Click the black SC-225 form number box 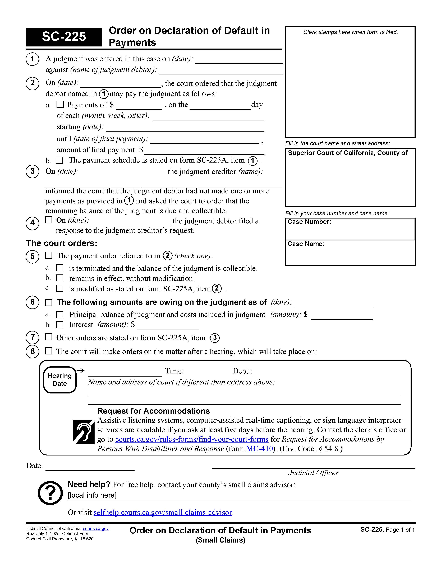click(x=64, y=37)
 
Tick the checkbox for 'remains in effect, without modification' click(x=60, y=278)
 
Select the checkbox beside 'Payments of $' click(x=60, y=104)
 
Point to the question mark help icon click(x=50, y=493)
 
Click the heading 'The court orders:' click(x=62, y=243)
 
